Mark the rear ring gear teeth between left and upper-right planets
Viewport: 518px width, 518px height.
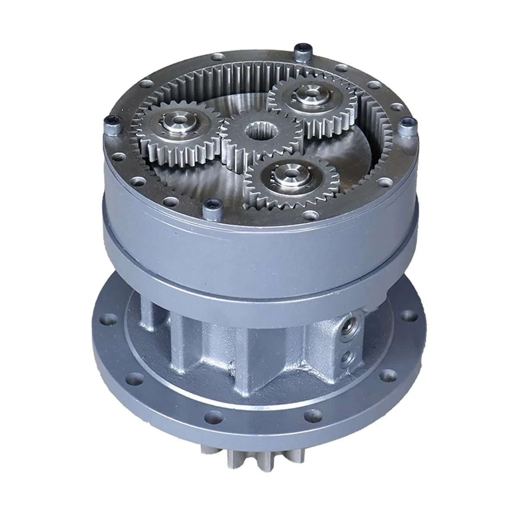point(242,73)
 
